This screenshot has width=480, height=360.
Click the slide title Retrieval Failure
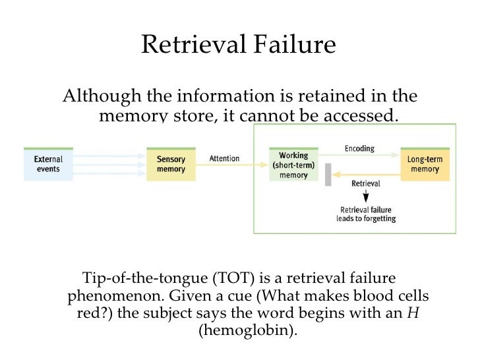pos(239,44)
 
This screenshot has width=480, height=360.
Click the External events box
pos(48,164)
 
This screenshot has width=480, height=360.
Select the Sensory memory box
pos(171,164)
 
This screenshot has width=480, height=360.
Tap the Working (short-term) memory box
pos(293,165)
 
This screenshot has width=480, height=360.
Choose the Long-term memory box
pos(425,164)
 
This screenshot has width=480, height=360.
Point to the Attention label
pos(224,159)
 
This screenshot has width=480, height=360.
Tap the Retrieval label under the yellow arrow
pos(365,184)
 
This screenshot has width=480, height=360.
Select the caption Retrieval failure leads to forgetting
pos(365,214)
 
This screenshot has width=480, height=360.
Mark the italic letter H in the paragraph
pos(413,313)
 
